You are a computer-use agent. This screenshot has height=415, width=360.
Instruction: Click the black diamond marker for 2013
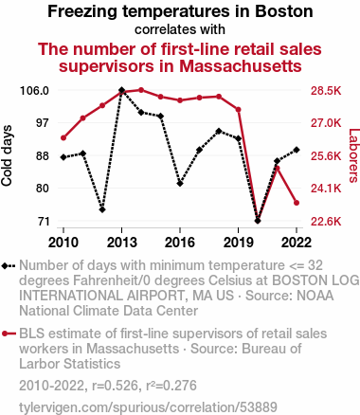pyautogui.click(x=121, y=90)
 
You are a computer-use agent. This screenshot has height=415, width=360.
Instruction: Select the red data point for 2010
pyautogui.click(x=63, y=137)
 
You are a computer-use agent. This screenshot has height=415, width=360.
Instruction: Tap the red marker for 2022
pyautogui.click(x=297, y=203)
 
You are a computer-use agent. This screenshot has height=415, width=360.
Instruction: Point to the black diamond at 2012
pyautogui.click(x=102, y=209)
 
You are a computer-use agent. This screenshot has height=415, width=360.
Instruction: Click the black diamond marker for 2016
pyautogui.click(x=180, y=184)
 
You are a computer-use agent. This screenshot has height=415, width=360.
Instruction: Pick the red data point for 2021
pyautogui.click(x=278, y=169)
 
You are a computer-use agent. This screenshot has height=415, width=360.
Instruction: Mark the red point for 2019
pyautogui.click(x=239, y=110)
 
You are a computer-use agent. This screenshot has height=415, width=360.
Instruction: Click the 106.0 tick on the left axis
pyautogui.click(x=34, y=91)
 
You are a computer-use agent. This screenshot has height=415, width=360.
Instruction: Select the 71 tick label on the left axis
pyautogui.click(x=44, y=222)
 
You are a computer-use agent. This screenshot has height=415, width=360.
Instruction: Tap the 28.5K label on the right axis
pyautogui.click(x=326, y=91)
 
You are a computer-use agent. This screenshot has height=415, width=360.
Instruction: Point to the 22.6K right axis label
pyautogui.click(x=326, y=222)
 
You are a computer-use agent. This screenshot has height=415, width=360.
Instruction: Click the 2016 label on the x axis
pyautogui.click(x=180, y=243)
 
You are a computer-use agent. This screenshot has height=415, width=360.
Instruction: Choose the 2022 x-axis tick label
pyautogui.click(x=297, y=243)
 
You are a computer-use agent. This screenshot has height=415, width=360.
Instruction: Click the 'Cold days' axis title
pyautogui.click(x=7, y=155)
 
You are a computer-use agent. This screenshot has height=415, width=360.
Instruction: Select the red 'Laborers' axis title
pyautogui.click(x=354, y=155)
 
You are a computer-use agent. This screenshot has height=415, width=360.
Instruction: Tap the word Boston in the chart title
pyautogui.click(x=284, y=11)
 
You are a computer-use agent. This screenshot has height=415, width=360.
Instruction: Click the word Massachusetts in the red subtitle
pyautogui.click(x=241, y=66)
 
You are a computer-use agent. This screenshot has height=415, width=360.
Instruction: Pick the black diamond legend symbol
pyautogui.click(x=9, y=266)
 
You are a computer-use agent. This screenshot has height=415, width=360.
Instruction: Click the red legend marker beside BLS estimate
pyautogui.click(x=9, y=334)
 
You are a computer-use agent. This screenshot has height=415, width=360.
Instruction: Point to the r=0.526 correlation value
pyautogui.click(x=115, y=386)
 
